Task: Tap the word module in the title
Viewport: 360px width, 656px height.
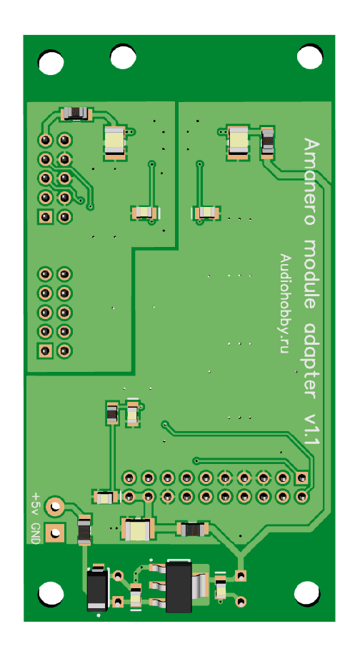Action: tap(311, 273)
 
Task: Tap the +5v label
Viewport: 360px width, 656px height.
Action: tap(36, 504)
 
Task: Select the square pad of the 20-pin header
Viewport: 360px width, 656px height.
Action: tap(302, 477)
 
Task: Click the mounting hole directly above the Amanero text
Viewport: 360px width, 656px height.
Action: tap(310, 56)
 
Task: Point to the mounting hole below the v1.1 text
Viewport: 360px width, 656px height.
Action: tap(307, 592)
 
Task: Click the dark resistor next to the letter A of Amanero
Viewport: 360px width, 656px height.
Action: tap(267, 142)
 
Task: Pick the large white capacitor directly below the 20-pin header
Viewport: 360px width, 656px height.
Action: tap(138, 529)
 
